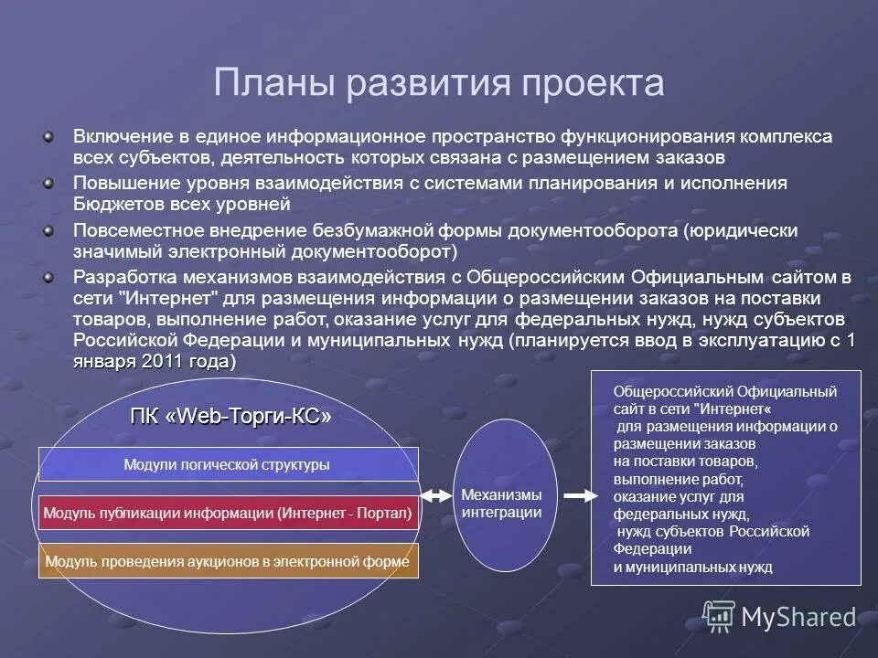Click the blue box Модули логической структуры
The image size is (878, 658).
click(x=227, y=465)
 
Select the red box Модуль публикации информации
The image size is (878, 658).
click(x=227, y=514)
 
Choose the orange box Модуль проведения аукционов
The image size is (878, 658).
click(x=227, y=561)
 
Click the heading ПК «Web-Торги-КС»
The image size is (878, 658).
click(x=230, y=417)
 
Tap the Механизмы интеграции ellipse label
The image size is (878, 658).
click(x=500, y=504)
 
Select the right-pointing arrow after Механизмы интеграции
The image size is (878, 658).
click(x=579, y=495)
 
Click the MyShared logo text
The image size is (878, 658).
click(x=798, y=618)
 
